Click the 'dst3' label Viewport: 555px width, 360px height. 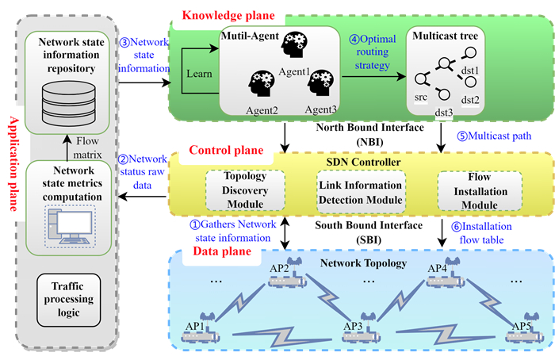coord(444,113)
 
